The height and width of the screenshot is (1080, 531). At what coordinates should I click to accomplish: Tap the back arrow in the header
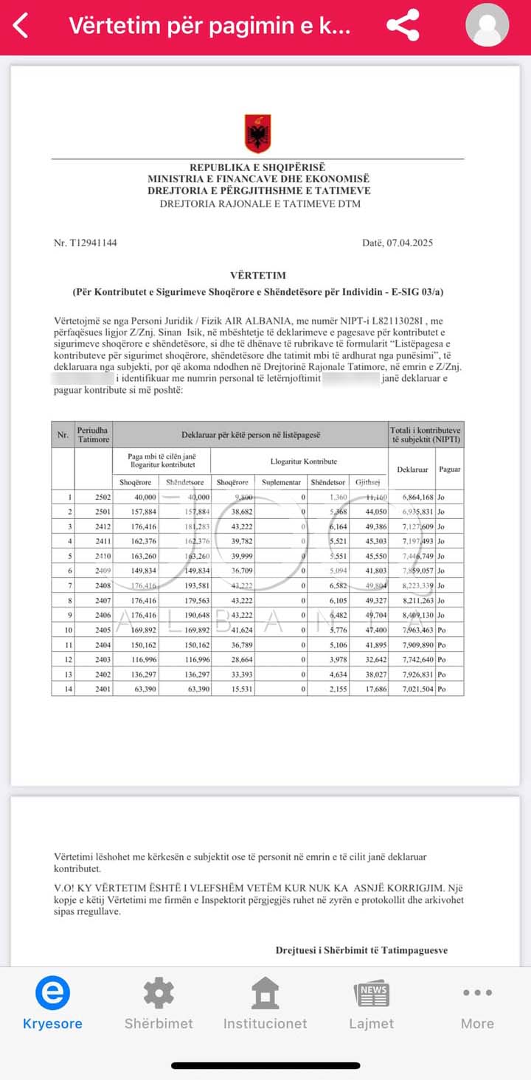click(21, 26)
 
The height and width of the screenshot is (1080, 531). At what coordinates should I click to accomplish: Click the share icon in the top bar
click(403, 26)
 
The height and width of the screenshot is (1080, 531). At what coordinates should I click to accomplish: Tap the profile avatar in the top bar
click(487, 26)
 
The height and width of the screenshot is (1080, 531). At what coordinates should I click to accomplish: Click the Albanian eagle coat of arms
click(257, 133)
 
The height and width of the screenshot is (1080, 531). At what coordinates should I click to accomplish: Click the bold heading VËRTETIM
click(257, 276)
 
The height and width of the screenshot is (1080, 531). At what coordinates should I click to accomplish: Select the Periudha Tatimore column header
click(94, 435)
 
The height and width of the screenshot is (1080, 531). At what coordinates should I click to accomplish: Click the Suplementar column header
click(282, 482)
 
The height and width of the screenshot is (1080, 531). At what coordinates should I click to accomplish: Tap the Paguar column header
click(449, 470)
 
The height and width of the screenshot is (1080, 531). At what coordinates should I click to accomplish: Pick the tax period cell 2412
click(103, 526)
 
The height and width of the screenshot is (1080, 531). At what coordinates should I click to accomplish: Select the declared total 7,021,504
click(412, 689)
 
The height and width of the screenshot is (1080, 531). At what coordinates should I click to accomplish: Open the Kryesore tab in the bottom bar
click(52, 1003)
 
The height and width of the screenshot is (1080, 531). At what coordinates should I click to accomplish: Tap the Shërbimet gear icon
click(159, 993)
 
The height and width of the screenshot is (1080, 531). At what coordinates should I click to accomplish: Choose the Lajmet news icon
click(371, 993)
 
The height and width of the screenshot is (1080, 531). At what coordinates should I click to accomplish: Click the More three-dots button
click(477, 993)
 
